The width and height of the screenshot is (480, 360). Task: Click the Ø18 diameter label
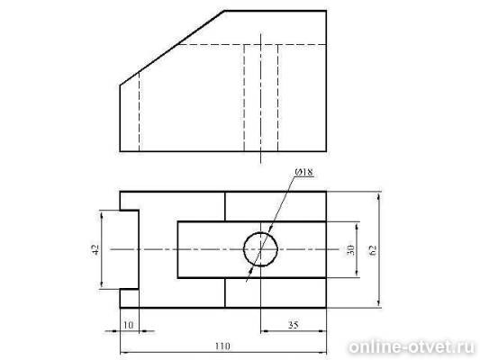304,172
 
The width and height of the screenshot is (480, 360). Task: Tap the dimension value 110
222,346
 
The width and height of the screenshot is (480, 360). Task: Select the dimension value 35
294,325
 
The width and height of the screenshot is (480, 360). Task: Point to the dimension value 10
129,325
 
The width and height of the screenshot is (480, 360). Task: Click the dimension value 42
95,249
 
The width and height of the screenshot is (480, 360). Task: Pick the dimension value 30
351,250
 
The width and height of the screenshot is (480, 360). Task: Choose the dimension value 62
373,250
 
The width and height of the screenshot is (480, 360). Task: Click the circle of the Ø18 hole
260,232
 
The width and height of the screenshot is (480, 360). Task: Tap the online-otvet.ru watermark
412,347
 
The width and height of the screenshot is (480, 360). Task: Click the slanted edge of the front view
172,48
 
